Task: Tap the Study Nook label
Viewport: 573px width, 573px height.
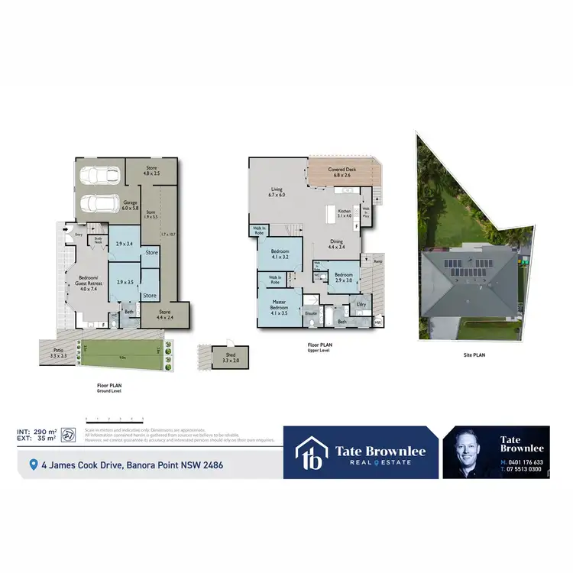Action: (x=98, y=239)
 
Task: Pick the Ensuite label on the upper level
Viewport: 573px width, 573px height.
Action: (x=311, y=313)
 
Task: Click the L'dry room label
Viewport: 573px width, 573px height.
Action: (x=361, y=305)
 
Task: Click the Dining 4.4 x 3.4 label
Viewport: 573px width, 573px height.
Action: (x=337, y=244)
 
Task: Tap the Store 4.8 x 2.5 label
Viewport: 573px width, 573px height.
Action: (x=151, y=172)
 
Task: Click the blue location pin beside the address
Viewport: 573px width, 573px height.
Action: (x=33, y=464)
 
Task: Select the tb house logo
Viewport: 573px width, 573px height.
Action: (x=312, y=452)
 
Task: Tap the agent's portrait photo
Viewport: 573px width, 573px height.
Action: (x=469, y=452)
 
